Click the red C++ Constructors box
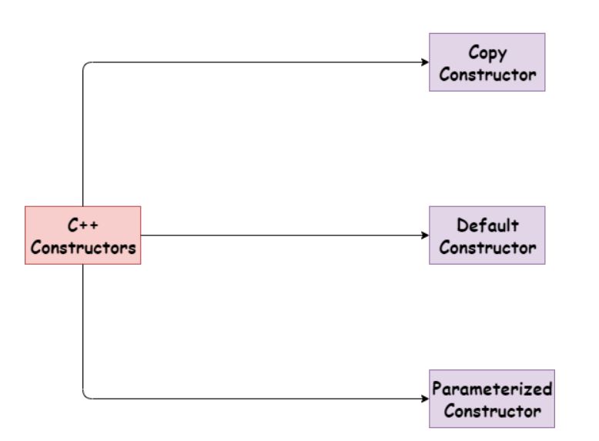point(82,236)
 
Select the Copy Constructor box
point(487,62)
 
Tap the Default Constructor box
point(487,236)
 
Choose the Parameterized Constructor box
point(491,399)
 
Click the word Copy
point(487,52)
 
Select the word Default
point(487,226)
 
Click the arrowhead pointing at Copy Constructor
point(425,62)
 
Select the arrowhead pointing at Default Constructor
point(425,236)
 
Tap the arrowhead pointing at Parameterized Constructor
point(425,399)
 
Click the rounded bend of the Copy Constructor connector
point(85,65)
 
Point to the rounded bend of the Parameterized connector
point(85,396)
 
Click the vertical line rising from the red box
point(82,139)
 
